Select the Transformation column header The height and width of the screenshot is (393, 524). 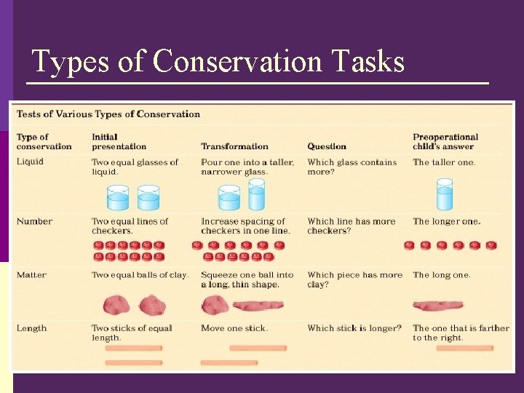(234, 146)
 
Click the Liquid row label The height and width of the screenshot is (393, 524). (31, 162)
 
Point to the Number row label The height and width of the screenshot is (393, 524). (34, 221)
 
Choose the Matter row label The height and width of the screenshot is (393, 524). (31, 275)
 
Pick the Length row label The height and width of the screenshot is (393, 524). (32, 328)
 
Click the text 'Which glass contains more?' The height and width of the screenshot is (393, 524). (352, 167)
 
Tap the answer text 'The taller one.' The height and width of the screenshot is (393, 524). (444, 162)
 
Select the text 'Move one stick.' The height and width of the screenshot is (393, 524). (234, 328)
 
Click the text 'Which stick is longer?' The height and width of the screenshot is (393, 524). (354, 328)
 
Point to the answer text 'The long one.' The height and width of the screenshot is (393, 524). (442, 275)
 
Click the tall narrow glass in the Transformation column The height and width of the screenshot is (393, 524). (257, 196)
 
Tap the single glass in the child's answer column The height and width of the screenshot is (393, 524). (445, 196)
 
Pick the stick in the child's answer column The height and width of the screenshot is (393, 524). (464, 349)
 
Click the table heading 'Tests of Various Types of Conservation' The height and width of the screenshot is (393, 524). (108, 114)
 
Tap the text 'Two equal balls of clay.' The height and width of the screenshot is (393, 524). (140, 275)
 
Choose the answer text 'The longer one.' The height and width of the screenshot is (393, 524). (447, 221)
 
